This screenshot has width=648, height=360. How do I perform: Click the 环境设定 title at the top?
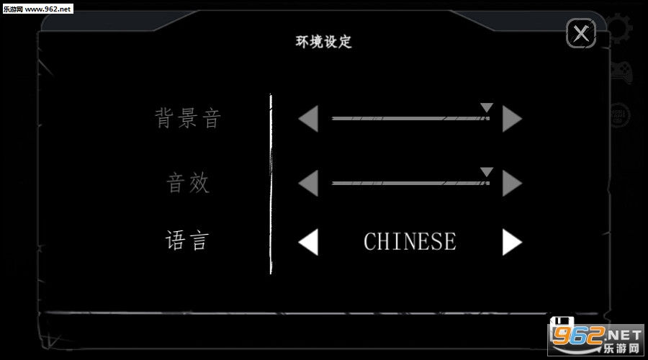pos(323,42)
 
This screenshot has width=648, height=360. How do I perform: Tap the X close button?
pos(581,33)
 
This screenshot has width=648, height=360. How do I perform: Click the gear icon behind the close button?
pos(620,29)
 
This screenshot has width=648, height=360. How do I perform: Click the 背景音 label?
pos(188,118)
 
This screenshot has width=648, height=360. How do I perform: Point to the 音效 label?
pos(188,183)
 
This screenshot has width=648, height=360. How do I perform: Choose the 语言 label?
pos(187,240)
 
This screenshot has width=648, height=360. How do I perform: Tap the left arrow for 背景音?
pos(308,119)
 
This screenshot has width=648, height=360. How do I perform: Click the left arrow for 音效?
pos(308,184)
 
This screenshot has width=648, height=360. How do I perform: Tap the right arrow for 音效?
pos(512,184)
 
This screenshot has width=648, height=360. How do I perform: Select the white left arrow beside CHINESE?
pos(308,242)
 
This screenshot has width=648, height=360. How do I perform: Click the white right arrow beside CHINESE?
pos(512,242)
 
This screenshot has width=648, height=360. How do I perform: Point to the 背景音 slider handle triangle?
pos(487,108)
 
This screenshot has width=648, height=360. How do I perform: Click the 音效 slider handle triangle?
pos(487,172)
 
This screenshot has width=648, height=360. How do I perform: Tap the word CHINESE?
pos(410,242)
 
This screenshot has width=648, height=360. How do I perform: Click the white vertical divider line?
pos(271,184)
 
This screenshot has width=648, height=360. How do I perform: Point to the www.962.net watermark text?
pos(48,9)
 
